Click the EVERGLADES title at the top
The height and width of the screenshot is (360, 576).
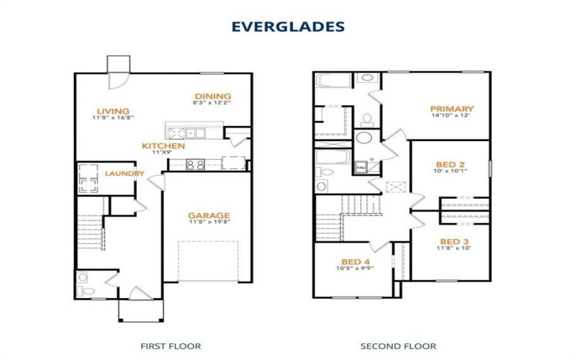click(287, 27)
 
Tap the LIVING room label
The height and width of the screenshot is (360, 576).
click(113, 111)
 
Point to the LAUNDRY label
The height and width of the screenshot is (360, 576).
click(124, 174)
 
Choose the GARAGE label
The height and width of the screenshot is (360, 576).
click(209, 215)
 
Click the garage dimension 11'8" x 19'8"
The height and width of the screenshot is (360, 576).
click(209, 223)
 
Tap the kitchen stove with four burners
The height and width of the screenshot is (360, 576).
click(195, 164)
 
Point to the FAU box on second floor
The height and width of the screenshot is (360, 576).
click(361, 167)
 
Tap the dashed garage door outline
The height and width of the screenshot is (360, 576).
click(207, 261)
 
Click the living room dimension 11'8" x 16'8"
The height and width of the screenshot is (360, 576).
click(113, 118)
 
